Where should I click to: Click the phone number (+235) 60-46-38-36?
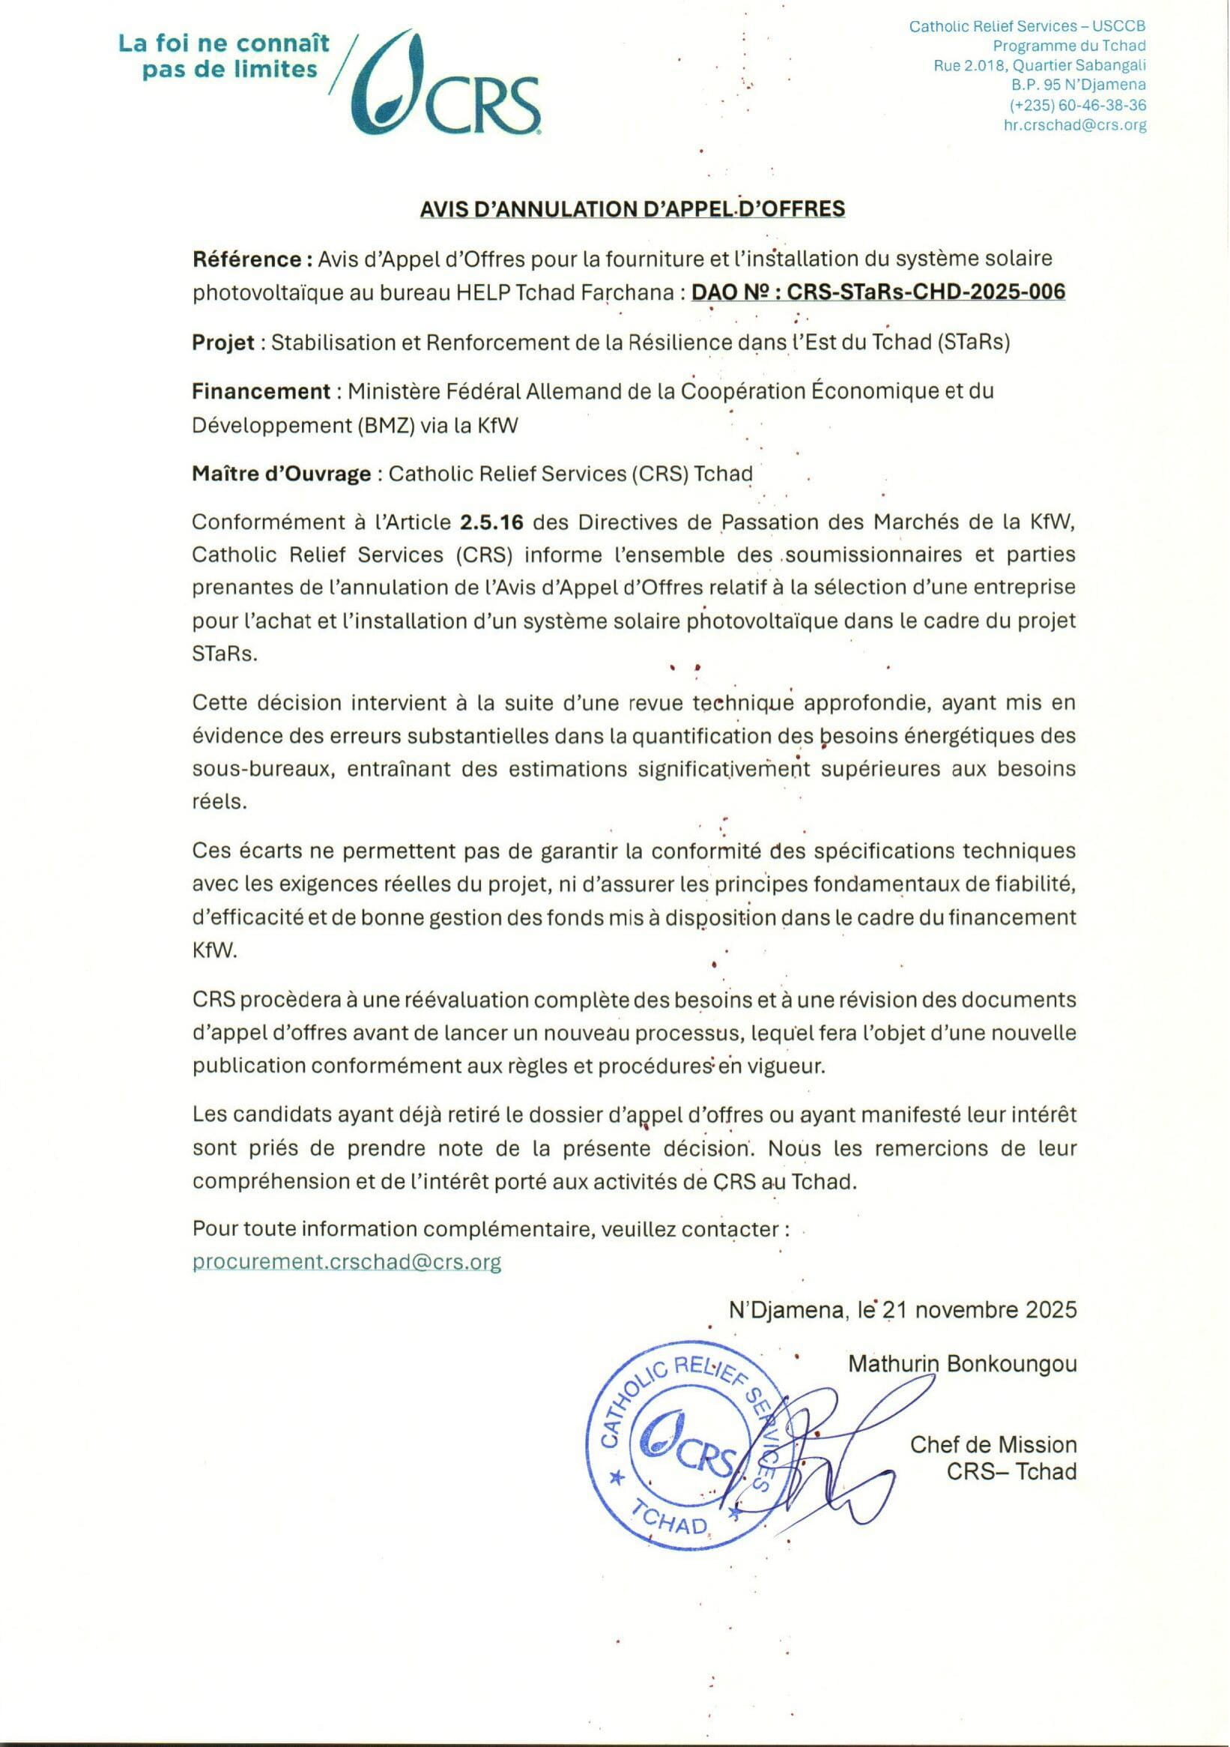[x=1078, y=106]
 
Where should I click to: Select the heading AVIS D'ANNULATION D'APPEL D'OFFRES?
[x=633, y=208]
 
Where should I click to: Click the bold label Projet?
[x=223, y=343]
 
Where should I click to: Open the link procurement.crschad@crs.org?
[x=347, y=1262]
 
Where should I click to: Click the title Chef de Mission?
[x=993, y=1445]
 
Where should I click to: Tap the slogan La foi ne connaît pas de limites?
[x=225, y=56]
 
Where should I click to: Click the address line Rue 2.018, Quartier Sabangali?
[x=1040, y=66]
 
